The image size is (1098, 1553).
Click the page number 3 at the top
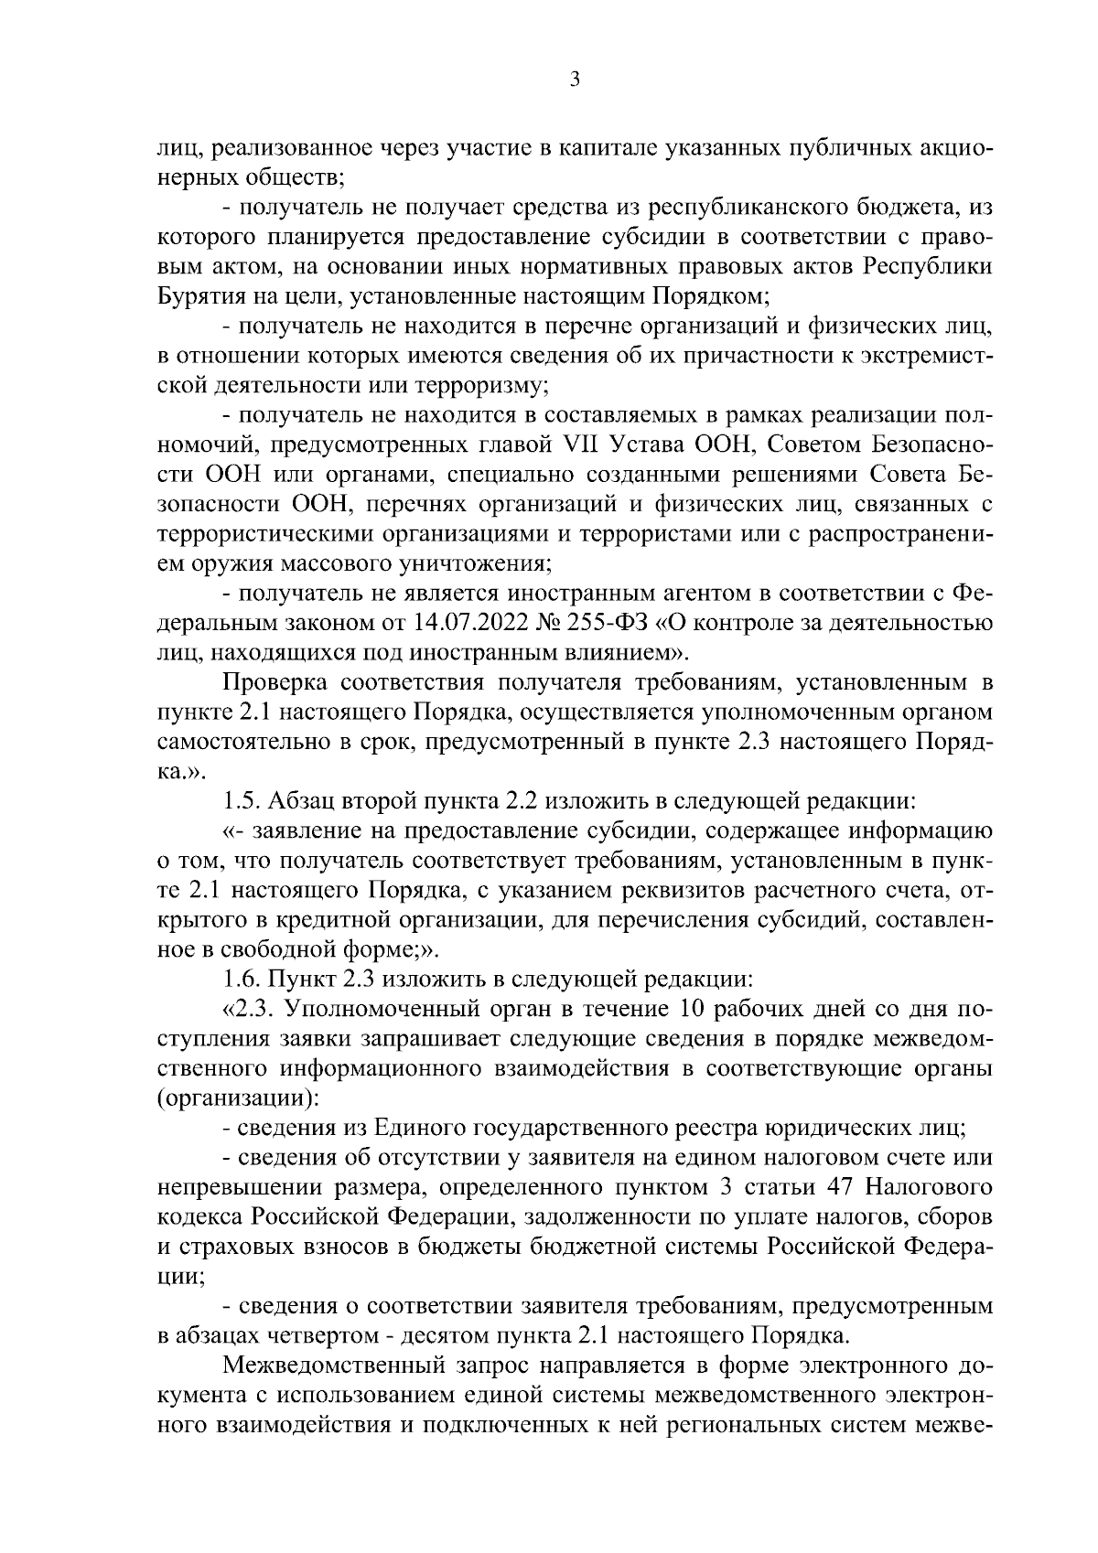pos(573,80)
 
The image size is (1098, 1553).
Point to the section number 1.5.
pos(242,802)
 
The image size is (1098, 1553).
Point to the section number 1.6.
pos(242,979)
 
